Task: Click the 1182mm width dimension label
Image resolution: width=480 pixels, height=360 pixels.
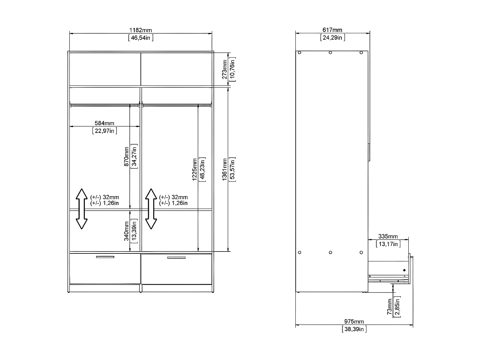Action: tap(140, 30)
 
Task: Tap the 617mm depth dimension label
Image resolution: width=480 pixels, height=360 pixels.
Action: tap(332, 30)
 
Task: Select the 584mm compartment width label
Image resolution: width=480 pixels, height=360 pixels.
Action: tap(104, 123)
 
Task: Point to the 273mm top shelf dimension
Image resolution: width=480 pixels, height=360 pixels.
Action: tap(225, 69)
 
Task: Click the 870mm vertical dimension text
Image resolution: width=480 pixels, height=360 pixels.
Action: tap(126, 156)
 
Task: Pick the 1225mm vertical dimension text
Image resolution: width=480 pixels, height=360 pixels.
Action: tap(195, 169)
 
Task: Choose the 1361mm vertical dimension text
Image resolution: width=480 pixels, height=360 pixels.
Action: tap(225, 169)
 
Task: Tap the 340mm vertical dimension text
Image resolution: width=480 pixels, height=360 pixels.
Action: tap(126, 231)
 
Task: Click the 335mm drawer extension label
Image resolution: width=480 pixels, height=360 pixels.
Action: tap(388, 236)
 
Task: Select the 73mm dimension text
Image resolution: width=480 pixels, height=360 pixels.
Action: tap(390, 307)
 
